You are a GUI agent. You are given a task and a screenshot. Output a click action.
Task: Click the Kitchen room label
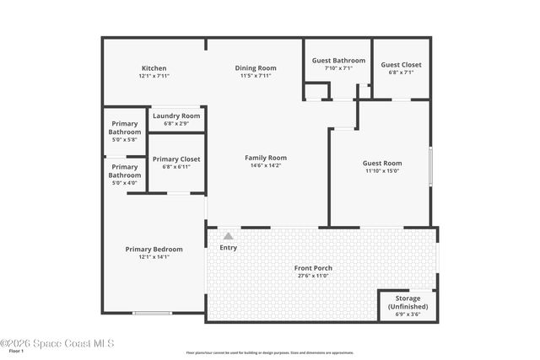[154, 68]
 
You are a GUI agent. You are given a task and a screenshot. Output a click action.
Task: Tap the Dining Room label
[255, 68]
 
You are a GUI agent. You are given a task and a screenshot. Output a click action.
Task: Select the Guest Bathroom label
[338, 61]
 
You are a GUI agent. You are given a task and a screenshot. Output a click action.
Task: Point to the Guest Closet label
[401, 65]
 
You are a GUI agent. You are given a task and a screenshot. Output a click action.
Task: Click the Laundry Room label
[176, 116]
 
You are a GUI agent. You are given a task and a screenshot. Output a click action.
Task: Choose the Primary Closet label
[176, 159]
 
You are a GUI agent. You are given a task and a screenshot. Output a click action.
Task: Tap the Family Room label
[266, 158]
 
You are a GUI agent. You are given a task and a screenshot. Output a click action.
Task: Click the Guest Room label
[382, 163]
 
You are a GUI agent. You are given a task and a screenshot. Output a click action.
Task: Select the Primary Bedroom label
[154, 249]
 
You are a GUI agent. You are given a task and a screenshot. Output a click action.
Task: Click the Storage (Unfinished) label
[408, 304]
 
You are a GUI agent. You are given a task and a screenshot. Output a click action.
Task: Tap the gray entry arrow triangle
[228, 236]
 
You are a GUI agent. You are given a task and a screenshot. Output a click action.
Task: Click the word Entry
[228, 248]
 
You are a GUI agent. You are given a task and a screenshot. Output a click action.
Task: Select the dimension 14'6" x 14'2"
[266, 165]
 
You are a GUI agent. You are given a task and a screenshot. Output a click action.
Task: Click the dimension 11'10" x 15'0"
[382, 171]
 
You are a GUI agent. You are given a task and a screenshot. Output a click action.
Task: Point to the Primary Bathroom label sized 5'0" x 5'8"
[124, 128]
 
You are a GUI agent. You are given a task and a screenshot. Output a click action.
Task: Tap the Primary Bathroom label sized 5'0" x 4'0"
[124, 171]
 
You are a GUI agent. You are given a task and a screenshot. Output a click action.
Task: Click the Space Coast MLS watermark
[57, 343]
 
